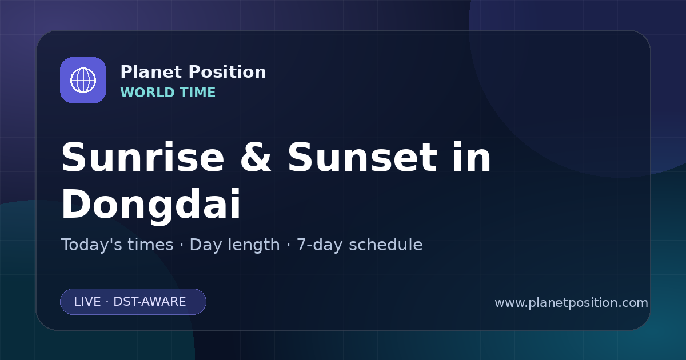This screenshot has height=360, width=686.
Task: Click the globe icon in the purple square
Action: click(x=83, y=80)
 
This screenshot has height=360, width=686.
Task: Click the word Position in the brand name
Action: click(x=228, y=72)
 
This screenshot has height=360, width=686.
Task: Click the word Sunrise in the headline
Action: click(x=143, y=158)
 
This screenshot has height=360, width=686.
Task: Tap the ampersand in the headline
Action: click(x=256, y=158)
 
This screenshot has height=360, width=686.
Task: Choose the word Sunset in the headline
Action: click(x=362, y=158)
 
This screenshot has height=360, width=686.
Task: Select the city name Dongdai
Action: click(x=151, y=204)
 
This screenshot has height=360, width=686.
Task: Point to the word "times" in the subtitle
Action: click(x=151, y=245)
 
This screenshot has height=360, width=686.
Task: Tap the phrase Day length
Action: click(x=235, y=245)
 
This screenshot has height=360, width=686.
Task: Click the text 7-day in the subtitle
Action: click(x=319, y=245)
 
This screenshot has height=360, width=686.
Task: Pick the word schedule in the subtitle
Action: click(x=385, y=245)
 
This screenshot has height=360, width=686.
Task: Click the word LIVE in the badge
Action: click(x=87, y=302)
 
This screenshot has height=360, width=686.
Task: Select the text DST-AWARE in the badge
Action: click(x=150, y=302)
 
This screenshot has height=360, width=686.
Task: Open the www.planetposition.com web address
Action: click(x=572, y=303)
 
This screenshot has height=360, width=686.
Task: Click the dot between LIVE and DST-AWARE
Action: click(x=107, y=302)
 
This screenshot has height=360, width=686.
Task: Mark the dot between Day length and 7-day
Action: click(x=288, y=246)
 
